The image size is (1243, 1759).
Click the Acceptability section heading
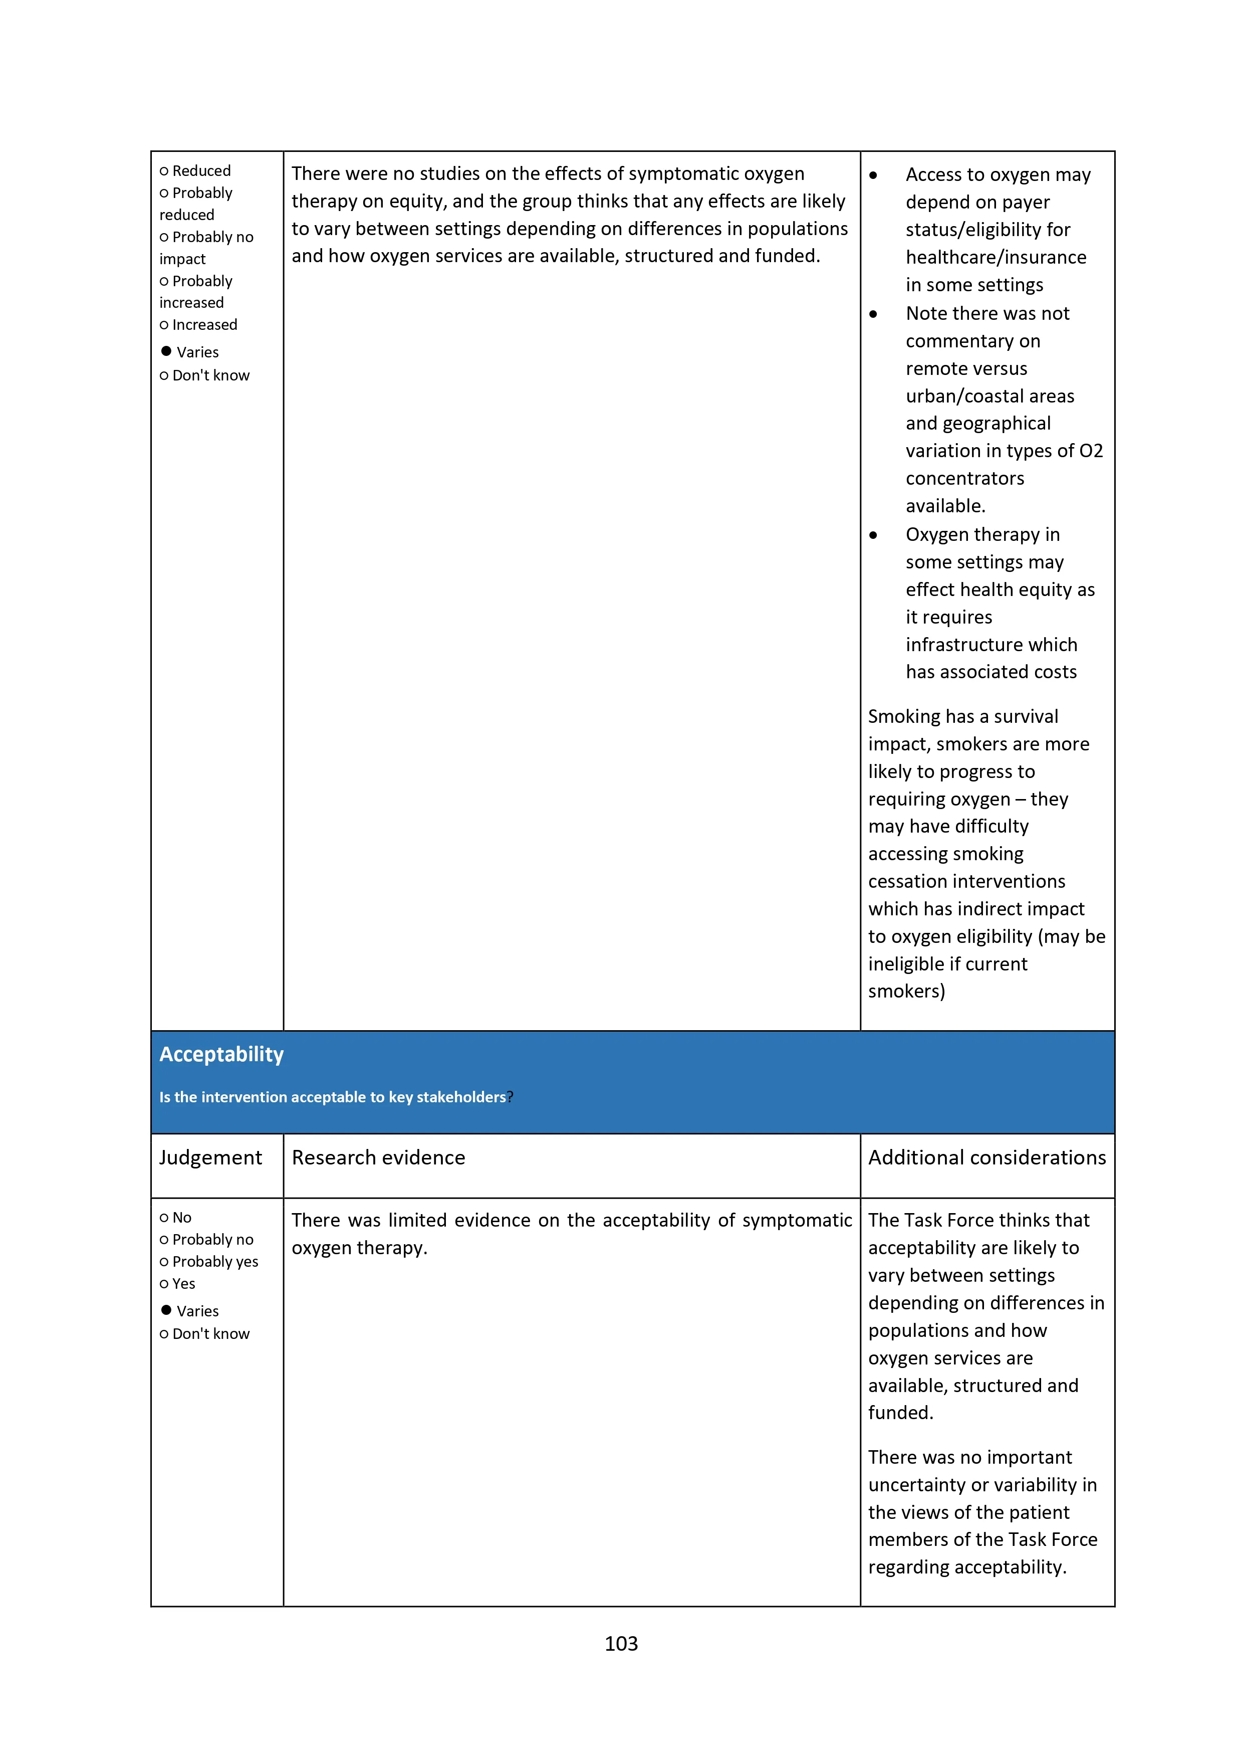click(221, 1054)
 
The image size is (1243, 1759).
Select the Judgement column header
click(210, 1157)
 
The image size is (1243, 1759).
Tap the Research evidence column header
click(378, 1157)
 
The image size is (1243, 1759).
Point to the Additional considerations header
click(986, 1157)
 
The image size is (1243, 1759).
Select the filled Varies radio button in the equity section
click(166, 351)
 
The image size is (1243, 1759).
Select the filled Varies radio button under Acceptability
click(166, 1309)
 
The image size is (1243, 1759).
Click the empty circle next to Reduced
click(164, 171)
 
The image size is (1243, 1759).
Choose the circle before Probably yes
click(164, 1262)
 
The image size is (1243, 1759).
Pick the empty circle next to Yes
click(164, 1284)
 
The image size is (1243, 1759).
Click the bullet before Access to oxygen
click(873, 175)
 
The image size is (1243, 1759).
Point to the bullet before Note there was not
click(873, 314)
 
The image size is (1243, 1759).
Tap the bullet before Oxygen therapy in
click(873, 535)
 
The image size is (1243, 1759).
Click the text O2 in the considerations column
click(1091, 451)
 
